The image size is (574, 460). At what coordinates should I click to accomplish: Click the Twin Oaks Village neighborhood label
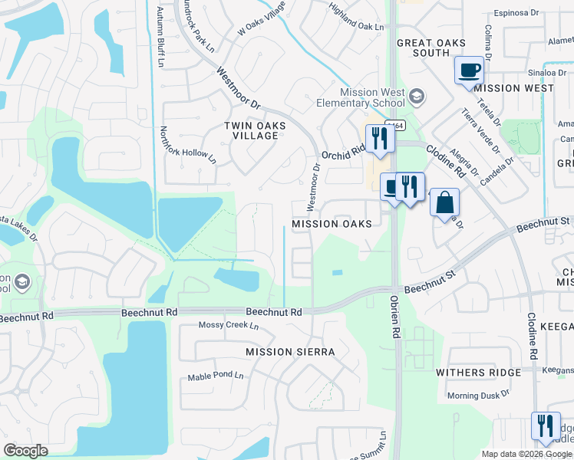[254, 130]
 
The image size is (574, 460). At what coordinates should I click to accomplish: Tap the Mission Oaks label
[332, 224]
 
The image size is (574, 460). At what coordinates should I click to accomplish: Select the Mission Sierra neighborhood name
[290, 352]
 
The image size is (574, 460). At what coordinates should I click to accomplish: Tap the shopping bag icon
[444, 204]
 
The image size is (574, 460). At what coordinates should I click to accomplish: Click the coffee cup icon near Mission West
[470, 71]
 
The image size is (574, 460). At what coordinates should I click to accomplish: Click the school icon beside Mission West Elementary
[416, 97]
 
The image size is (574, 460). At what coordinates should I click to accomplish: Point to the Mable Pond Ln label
[216, 377]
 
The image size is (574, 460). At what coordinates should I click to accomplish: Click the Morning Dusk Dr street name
[479, 395]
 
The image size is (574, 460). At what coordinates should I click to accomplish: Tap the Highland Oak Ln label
[355, 27]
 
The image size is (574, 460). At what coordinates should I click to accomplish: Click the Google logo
[26, 451]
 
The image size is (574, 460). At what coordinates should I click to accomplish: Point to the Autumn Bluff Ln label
[161, 34]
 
